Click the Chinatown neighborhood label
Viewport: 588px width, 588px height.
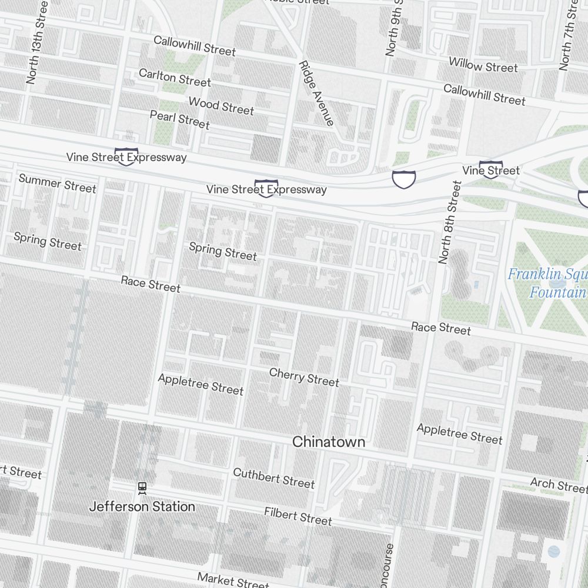click(x=329, y=442)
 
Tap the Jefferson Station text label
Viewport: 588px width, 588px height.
click(x=142, y=506)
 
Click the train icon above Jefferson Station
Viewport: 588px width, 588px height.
click(x=142, y=488)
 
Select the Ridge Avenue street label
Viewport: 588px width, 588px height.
click(x=316, y=93)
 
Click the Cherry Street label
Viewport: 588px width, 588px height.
click(x=304, y=377)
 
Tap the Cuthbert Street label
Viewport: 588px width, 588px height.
click(x=273, y=478)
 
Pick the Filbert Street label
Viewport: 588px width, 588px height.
click(x=298, y=516)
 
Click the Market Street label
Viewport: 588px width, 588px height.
click(x=233, y=580)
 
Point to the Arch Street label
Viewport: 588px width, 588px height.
click(x=558, y=485)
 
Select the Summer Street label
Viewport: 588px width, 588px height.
click(x=57, y=183)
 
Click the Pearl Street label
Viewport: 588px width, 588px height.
click(x=179, y=119)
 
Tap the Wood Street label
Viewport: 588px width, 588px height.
click(x=221, y=106)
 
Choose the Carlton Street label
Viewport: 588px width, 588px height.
click(x=175, y=77)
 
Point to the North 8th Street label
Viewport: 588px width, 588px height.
click(x=450, y=222)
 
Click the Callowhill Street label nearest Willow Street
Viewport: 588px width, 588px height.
click(x=484, y=95)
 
